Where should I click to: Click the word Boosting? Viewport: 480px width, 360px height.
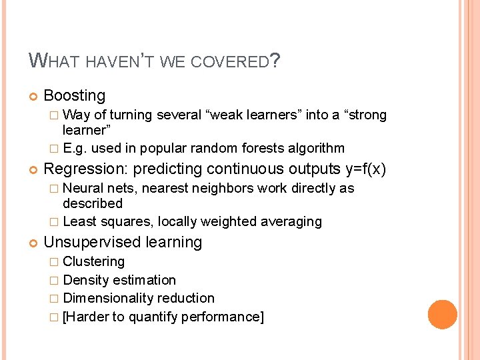coord(75,96)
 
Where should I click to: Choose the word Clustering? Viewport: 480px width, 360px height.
coord(93,261)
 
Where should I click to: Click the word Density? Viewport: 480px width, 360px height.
coord(86,280)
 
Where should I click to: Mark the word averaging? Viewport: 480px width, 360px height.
coord(291,221)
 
